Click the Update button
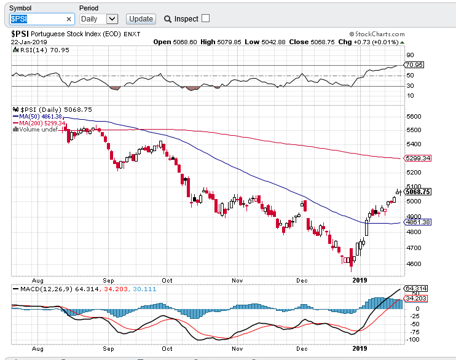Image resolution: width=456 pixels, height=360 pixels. tap(141, 19)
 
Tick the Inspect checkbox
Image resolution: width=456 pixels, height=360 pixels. tap(205, 18)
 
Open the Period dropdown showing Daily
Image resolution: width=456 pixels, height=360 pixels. tap(99, 19)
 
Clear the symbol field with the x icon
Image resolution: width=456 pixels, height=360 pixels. tap(69, 19)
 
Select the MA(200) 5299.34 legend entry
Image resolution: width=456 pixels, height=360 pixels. tap(41, 123)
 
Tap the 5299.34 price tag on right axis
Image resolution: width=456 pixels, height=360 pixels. tap(418, 158)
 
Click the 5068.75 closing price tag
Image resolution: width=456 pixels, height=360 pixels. tap(418, 192)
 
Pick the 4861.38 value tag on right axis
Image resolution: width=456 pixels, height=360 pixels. tap(418, 222)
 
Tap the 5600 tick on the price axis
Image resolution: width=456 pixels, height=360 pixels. tap(414, 117)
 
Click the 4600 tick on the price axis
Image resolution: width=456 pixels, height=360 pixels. tap(414, 264)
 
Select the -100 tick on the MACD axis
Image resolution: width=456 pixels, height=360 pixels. tap(413, 339)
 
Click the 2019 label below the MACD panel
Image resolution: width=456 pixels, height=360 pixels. tap(359, 347)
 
